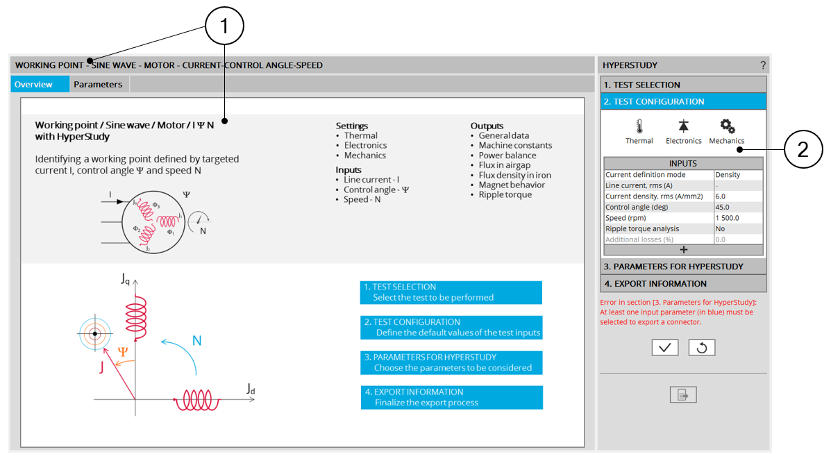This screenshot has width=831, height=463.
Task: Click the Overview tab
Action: (33, 85)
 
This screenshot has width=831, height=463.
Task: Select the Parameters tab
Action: (98, 85)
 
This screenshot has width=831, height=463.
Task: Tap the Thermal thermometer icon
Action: (639, 126)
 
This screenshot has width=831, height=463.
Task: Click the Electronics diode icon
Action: (683, 126)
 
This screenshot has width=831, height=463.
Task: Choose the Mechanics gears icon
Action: (727, 126)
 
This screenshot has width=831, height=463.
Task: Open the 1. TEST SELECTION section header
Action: (683, 85)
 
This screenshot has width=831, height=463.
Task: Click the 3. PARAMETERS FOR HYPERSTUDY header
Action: (683, 267)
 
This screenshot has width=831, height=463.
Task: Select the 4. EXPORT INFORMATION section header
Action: (683, 283)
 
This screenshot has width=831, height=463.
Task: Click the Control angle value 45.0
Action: (738, 207)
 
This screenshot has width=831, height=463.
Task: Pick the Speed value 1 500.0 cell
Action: (738, 218)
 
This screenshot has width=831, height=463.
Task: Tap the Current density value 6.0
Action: (738, 196)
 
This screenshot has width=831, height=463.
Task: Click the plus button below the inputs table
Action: (683, 250)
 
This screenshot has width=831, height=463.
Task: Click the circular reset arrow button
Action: (701, 348)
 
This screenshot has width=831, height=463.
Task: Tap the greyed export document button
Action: (683, 395)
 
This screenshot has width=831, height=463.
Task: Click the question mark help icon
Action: (762, 65)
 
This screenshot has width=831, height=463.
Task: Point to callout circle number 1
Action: (224, 28)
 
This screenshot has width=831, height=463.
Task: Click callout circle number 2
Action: (803, 151)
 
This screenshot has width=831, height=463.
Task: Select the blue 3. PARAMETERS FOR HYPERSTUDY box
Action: (451, 362)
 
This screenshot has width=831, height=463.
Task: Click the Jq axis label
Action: (125, 280)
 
